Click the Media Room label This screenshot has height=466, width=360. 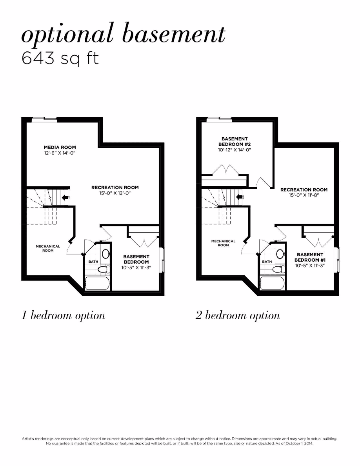(x=60, y=147)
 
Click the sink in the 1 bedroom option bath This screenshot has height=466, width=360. (x=105, y=253)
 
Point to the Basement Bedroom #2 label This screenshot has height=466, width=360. (x=235, y=141)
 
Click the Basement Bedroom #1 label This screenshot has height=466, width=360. (x=310, y=257)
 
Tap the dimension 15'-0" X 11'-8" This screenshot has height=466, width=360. (x=303, y=195)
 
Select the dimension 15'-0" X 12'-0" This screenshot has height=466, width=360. (x=115, y=193)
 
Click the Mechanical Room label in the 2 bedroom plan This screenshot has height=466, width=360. (x=223, y=243)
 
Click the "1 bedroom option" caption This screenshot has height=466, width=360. (x=63, y=316)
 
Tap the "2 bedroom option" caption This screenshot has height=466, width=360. (x=238, y=316)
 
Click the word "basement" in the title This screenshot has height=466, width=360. (x=174, y=34)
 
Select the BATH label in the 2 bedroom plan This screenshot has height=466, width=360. (x=267, y=262)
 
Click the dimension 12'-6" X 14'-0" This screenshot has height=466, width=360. (x=60, y=153)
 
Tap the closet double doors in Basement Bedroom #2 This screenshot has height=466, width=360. (x=225, y=171)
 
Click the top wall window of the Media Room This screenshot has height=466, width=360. (x=44, y=120)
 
